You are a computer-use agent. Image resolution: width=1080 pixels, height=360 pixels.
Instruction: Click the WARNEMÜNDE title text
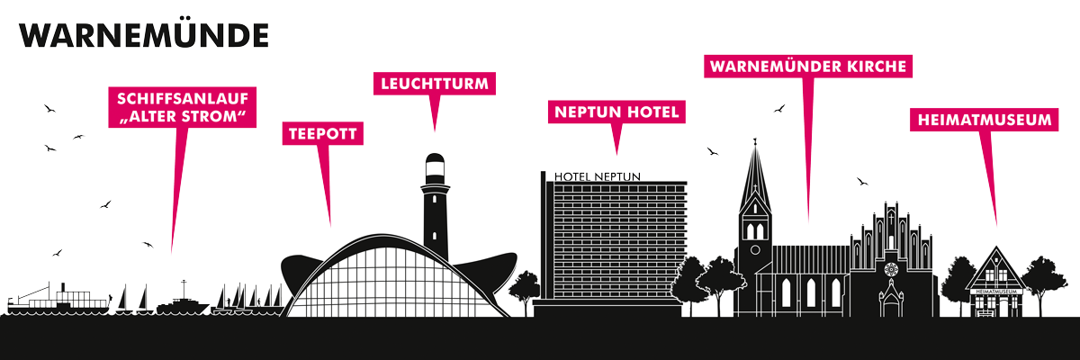click(144, 36)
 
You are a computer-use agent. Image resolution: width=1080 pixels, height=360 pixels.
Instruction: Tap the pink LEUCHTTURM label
click(435, 84)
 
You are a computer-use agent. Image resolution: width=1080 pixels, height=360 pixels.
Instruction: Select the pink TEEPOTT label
click(322, 133)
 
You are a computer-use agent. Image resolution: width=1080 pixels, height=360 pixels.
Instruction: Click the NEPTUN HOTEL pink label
click(616, 112)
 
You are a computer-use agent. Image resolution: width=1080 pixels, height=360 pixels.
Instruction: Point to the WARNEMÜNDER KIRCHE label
click(808, 66)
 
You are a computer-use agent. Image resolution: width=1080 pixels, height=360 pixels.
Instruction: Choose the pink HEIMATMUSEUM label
click(984, 120)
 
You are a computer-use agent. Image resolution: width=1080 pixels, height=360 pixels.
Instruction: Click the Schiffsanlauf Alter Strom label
click(182, 107)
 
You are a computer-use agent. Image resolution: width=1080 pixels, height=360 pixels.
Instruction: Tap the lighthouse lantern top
click(435, 168)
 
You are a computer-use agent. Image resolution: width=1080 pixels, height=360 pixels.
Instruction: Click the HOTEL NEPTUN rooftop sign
click(598, 177)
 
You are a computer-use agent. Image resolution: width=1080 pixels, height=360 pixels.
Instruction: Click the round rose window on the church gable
click(891, 269)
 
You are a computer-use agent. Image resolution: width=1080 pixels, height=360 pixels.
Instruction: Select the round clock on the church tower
click(755, 250)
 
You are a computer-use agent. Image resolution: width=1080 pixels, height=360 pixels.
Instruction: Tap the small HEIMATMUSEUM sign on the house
click(995, 292)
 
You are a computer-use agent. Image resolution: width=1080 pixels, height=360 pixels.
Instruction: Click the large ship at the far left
click(58, 300)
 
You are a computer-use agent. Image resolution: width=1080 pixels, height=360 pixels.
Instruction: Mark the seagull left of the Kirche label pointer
click(779, 108)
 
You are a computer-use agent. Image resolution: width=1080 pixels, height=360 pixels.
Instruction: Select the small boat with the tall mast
click(183, 301)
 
